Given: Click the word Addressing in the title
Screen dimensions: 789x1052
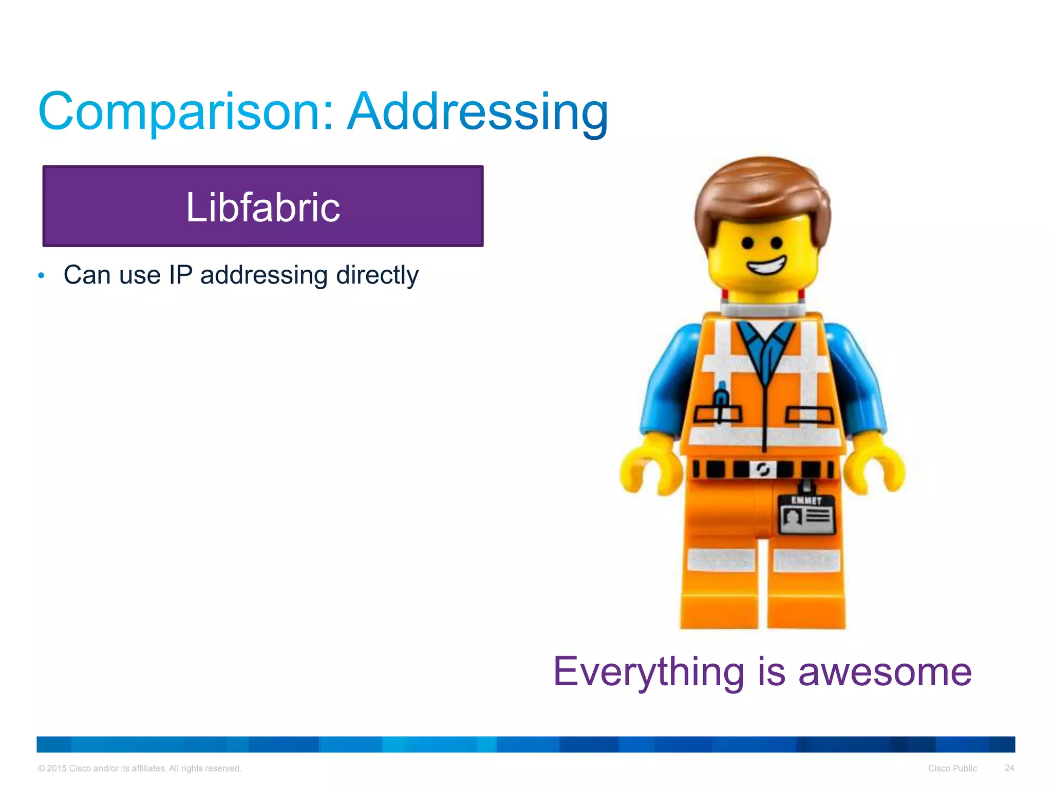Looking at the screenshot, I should (478, 112).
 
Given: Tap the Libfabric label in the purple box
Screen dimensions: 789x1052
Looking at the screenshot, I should (262, 207).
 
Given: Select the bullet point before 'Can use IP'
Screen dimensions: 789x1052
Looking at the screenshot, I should (42, 276).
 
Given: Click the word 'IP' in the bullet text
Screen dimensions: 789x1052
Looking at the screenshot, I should (180, 275).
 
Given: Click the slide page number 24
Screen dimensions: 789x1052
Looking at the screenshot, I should (1009, 768).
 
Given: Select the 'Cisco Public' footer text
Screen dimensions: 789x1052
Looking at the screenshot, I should (952, 768).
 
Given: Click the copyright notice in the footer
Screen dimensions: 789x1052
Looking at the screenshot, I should (139, 768).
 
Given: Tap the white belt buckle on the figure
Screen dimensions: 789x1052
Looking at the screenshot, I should (762, 469).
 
